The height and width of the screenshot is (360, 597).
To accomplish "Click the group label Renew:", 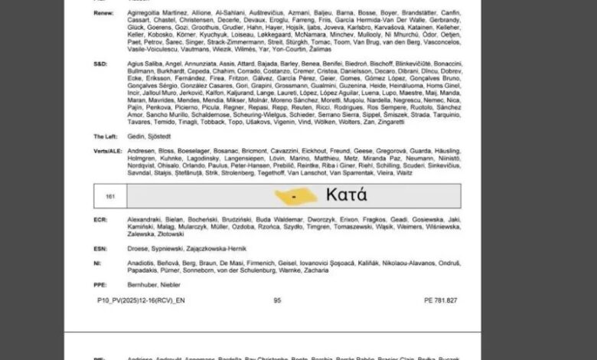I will tap(104, 14).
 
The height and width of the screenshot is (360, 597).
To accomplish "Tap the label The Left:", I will tap(106, 136).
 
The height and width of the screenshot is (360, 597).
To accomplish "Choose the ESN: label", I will tap(101, 248).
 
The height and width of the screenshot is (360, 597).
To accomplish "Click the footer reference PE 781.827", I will tap(439, 300).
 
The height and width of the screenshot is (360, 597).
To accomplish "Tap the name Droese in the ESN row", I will tap(137, 248).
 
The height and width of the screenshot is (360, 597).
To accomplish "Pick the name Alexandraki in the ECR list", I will tap(146, 219).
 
